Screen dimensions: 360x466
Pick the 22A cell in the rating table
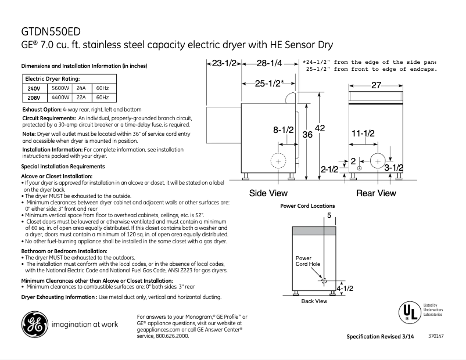[x=81, y=98]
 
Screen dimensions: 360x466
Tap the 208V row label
[x=34, y=98]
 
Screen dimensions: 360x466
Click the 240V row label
[x=34, y=88]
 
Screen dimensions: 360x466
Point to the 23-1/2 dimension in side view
[x=224, y=63]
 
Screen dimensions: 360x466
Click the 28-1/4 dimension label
[x=269, y=63]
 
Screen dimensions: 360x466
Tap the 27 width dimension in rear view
[x=376, y=85]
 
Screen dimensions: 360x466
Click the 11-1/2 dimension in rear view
[x=363, y=134]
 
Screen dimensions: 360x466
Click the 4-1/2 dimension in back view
[x=345, y=288]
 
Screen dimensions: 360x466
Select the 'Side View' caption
[x=268, y=193]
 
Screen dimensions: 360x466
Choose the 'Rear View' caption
[x=376, y=193]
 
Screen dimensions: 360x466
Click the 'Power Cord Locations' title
[x=307, y=206]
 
